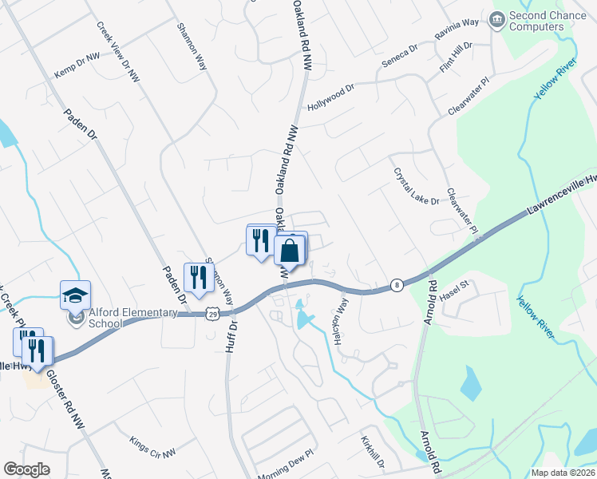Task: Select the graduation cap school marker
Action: click(x=76, y=295)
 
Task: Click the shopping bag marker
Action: click(x=291, y=251)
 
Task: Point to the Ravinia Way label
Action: click(x=457, y=35)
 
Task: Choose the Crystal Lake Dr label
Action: click(x=415, y=187)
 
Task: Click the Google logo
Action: click(x=26, y=469)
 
